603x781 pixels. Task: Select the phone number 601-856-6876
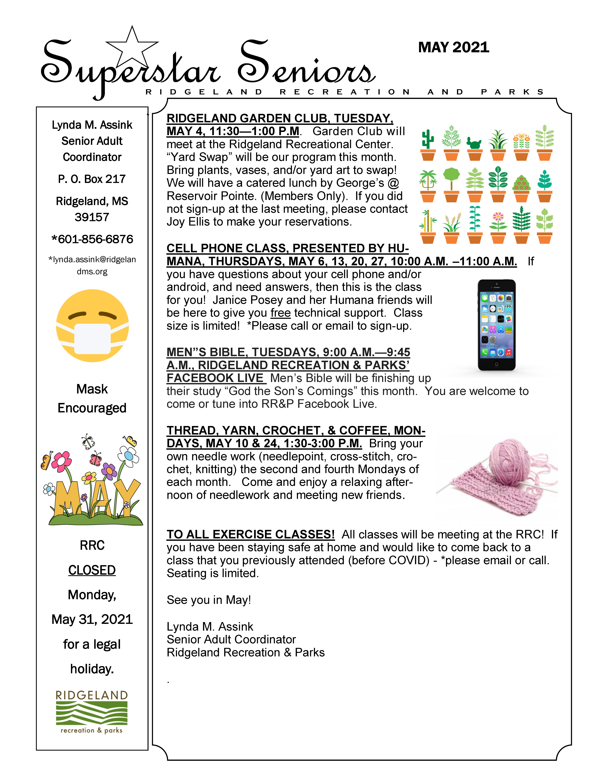92,239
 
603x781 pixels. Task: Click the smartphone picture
497,325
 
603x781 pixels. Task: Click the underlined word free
280,313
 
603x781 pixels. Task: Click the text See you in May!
209,600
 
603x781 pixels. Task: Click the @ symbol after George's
393,183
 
